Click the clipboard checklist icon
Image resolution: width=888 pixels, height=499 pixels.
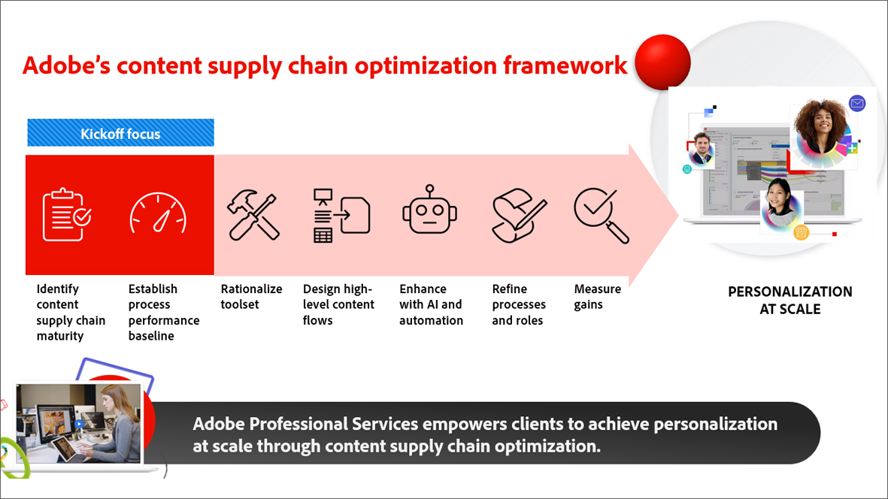(67, 215)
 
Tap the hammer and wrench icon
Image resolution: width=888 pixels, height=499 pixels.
(253, 215)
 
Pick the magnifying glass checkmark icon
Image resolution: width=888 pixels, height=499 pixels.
(601, 215)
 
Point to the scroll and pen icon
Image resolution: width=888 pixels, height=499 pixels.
(519, 215)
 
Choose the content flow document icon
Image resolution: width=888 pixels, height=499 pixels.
(341, 215)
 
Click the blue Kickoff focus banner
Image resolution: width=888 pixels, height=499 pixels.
(120, 134)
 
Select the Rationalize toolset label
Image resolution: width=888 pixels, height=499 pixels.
(251, 297)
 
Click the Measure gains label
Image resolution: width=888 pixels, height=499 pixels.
(597, 297)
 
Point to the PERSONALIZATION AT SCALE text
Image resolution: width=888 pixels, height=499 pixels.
(790, 300)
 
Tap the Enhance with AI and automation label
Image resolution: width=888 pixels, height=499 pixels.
(431, 304)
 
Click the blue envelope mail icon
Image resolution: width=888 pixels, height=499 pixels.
(856, 104)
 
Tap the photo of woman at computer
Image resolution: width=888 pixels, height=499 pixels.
(80, 425)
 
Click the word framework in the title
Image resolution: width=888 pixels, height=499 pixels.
(565, 65)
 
